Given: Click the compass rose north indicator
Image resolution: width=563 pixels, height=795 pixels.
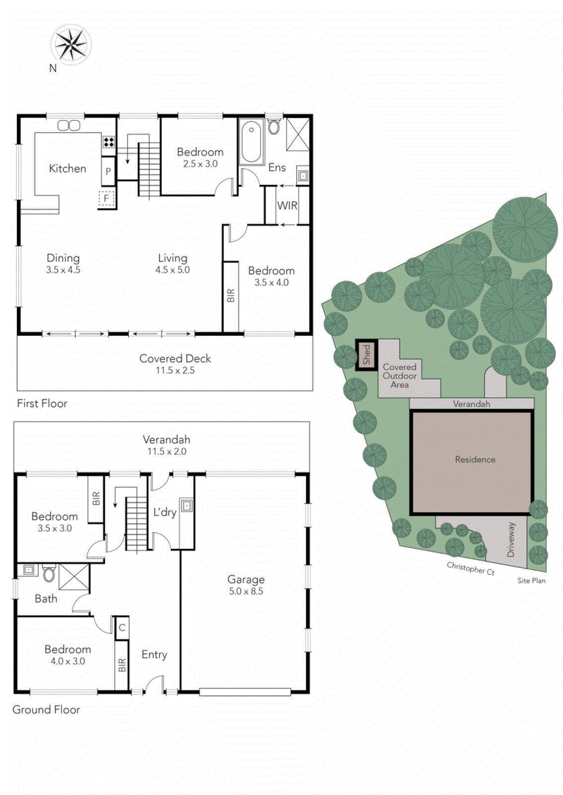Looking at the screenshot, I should pyautogui.click(x=70, y=44).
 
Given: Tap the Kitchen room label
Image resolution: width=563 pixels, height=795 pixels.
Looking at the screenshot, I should pyautogui.click(x=68, y=169).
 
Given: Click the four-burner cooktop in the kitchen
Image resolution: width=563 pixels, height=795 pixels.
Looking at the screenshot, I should pyautogui.click(x=109, y=143).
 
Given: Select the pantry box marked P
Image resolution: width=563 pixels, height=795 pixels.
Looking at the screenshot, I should pyautogui.click(x=108, y=172).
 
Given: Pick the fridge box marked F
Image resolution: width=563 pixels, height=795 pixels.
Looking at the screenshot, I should pyautogui.click(x=106, y=199).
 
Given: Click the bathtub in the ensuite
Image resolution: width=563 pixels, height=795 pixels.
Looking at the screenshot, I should pyautogui.click(x=251, y=143).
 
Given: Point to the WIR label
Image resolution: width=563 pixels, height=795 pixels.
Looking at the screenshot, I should pyautogui.click(x=287, y=206).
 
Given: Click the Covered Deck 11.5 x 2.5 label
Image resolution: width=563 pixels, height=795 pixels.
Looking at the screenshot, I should pyautogui.click(x=175, y=363).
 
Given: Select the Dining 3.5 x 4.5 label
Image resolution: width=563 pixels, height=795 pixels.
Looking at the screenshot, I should pyautogui.click(x=63, y=263).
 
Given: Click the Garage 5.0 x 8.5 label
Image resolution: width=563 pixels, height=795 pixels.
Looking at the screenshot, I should pyautogui.click(x=246, y=585).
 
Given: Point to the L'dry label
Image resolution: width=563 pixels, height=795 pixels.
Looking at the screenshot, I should pyautogui.click(x=164, y=512).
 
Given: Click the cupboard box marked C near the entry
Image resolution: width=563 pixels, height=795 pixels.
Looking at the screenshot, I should pyautogui.click(x=122, y=627).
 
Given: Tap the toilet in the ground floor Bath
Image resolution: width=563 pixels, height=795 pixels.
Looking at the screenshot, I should pyautogui.click(x=49, y=574).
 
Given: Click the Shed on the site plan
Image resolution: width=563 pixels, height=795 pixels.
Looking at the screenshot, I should pyautogui.click(x=366, y=356).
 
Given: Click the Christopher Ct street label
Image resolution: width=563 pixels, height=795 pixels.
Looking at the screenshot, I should pyautogui.click(x=470, y=567).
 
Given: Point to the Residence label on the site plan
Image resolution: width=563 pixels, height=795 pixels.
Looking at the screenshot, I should pyautogui.click(x=475, y=460).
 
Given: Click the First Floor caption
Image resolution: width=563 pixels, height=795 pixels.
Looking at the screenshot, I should pyautogui.click(x=43, y=403).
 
